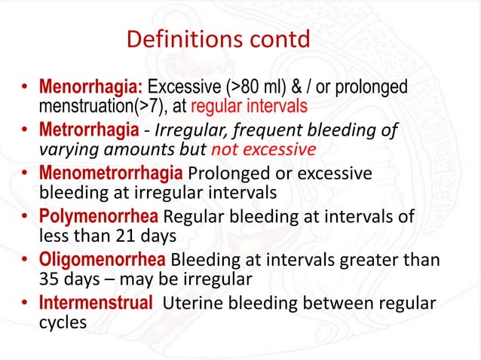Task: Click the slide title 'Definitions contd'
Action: [218, 39]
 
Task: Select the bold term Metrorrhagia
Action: [88, 130]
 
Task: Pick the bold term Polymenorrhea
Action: [98, 218]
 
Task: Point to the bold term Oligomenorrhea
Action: [103, 261]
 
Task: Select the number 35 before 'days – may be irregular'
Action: [49, 279]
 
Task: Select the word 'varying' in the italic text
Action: [66, 149]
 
